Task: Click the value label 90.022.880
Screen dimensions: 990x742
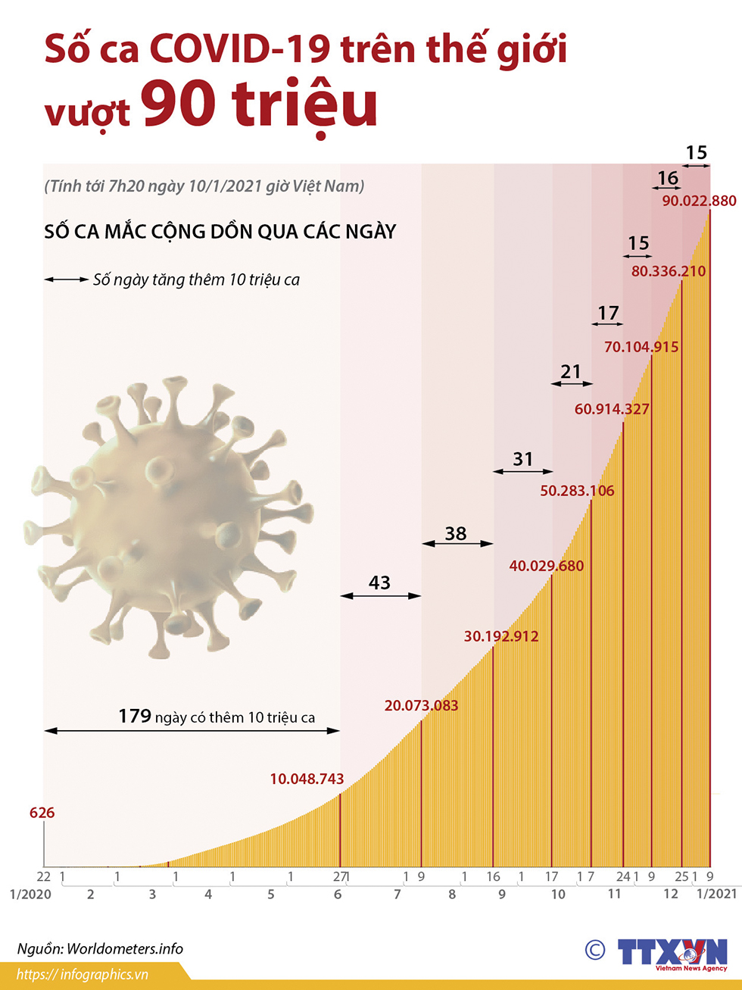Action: tap(699, 201)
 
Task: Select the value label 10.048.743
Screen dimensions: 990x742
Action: tap(307, 779)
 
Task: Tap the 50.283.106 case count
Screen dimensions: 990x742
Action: tap(577, 491)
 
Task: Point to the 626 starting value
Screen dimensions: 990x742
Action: tap(42, 813)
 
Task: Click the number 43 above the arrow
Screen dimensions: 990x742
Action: tap(379, 582)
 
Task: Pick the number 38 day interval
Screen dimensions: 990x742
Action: tap(455, 533)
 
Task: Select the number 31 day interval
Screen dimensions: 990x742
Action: tap(522, 459)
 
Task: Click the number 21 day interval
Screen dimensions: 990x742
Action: tap(570, 371)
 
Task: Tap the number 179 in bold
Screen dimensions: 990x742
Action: tap(135, 716)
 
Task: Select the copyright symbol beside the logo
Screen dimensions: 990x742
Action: tap(595, 950)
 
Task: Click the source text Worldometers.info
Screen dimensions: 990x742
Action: tap(125, 948)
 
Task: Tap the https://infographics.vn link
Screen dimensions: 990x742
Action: tap(82, 975)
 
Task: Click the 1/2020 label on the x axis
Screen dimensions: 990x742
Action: tap(30, 895)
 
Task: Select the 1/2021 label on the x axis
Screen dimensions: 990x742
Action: tap(716, 895)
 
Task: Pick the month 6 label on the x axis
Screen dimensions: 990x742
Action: tap(338, 895)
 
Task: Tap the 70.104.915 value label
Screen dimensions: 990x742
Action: tap(641, 347)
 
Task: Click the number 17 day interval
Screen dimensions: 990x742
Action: tap(608, 312)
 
